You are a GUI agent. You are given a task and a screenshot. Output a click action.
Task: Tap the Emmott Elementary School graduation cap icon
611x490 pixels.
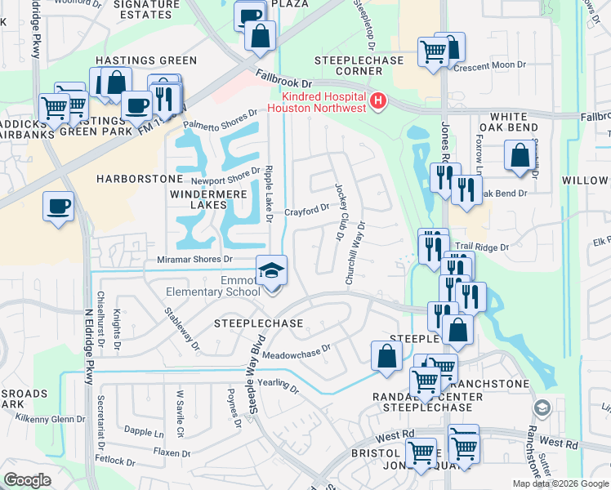click(x=271, y=269)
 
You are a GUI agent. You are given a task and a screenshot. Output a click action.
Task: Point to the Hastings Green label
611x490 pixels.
click(x=146, y=60)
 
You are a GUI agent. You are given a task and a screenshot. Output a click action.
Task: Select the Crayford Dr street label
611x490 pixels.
click(x=306, y=211)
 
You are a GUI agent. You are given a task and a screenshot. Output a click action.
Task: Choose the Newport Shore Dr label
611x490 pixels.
click(x=225, y=177)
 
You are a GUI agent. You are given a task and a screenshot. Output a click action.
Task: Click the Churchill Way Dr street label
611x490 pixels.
click(x=355, y=256)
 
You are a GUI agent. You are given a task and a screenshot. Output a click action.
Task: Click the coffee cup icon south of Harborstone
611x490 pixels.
click(x=58, y=207)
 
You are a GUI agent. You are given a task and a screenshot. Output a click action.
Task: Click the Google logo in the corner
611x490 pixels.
click(x=27, y=480)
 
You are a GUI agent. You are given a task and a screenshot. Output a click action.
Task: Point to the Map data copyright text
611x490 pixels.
click(x=561, y=483)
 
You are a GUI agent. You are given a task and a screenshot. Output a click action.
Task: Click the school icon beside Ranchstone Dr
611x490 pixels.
click(x=541, y=408)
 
